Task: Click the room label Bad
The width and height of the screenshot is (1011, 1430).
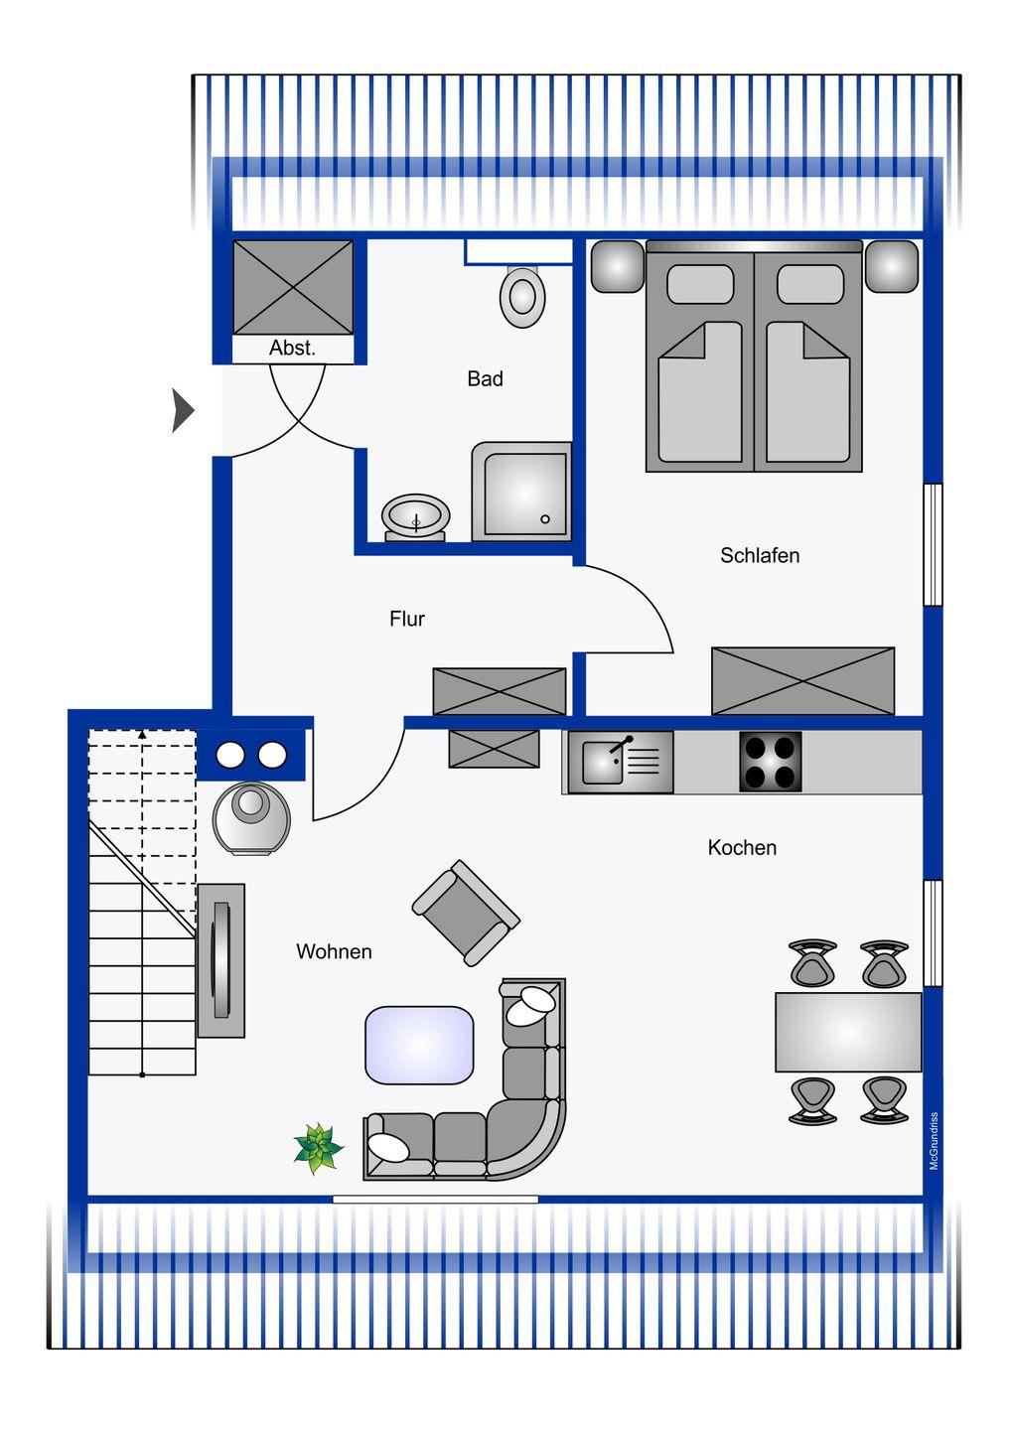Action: pyautogui.click(x=485, y=378)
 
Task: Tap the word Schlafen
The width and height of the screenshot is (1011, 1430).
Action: pyautogui.click(x=760, y=555)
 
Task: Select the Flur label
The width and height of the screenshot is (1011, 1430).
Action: pyautogui.click(x=407, y=619)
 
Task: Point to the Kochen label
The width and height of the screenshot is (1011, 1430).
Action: pyautogui.click(x=742, y=848)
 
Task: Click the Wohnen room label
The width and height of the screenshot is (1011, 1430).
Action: pyautogui.click(x=334, y=951)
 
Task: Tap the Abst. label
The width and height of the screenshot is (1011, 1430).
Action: pyautogui.click(x=292, y=348)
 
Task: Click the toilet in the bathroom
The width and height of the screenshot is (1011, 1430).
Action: pyautogui.click(x=522, y=297)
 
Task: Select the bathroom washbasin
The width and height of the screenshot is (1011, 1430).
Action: pyautogui.click(x=415, y=517)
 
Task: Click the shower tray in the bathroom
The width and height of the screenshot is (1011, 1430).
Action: pyautogui.click(x=521, y=492)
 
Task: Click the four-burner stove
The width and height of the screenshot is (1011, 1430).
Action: pyautogui.click(x=771, y=762)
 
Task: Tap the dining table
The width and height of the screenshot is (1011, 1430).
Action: pyautogui.click(x=848, y=1032)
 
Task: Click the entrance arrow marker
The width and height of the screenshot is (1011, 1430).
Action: pyautogui.click(x=182, y=410)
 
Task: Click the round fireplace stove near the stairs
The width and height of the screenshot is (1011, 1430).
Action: pyautogui.click(x=251, y=818)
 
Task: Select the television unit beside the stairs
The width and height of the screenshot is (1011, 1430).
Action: pyautogui.click(x=220, y=960)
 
